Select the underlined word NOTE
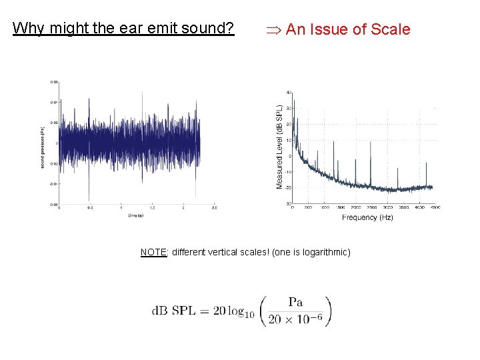[153, 252]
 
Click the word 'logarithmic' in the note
[325, 252]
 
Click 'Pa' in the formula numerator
[296, 302]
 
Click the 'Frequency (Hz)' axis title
[367, 217]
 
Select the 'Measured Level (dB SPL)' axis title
[279, 146]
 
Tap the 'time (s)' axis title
[137, 215]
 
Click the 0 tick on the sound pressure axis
[56, 143]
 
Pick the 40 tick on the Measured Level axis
[288, 93]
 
